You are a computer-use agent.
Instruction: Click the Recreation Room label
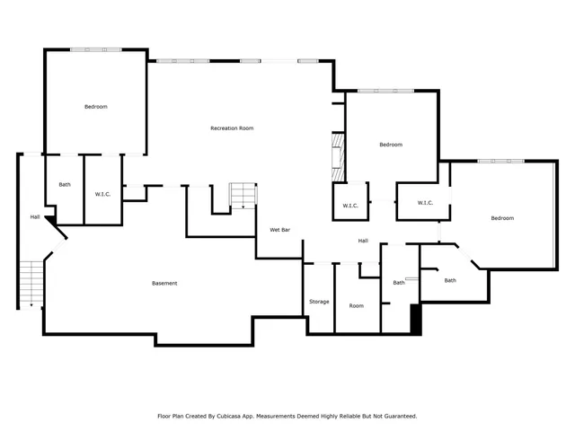[232, 128]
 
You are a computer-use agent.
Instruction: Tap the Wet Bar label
[279, 230]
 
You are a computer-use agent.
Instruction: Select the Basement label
[164, 284]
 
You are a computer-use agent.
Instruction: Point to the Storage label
[319, 302]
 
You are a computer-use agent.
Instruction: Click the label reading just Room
[357, 306]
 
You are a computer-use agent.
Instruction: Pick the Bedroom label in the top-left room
[96, 107]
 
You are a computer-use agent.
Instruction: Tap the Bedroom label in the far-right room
[502, 218]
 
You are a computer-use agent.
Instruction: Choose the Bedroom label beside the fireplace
[391, 145]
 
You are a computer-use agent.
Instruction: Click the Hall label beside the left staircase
[35, 216]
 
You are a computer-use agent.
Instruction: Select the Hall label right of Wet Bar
[363, 241]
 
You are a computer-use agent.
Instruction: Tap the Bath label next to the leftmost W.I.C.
[65, 185]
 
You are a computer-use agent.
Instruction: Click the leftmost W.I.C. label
[102, 194]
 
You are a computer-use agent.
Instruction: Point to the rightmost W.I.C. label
[425, 203]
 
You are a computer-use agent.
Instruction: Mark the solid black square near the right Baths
[415, 319]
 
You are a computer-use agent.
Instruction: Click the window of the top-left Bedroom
[95, 49]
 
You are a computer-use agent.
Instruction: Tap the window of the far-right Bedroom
[500, 161]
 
